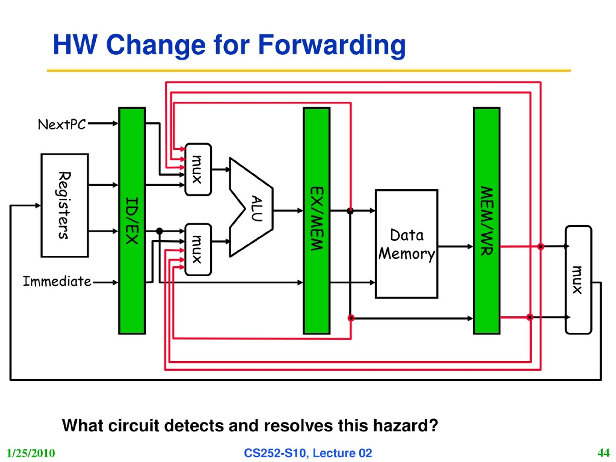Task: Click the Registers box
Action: (x=64, y=205)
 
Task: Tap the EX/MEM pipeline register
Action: (x=317, y=221)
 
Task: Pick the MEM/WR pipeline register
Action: (x=487, y=221)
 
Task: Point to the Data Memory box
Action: (x=406, y=244)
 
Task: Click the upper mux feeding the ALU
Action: (x=198, y=169)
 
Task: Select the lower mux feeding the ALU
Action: (x=198, y=250)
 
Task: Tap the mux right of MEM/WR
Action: (x=578, y=280)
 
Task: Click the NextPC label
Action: (x=62, y=124)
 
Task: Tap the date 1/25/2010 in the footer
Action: (x=31, y=453)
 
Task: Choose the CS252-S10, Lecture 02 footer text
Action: (x=308, y=453)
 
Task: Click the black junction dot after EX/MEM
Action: (x=350, y=211)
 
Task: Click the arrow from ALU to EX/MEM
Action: (x=288, y=211)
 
